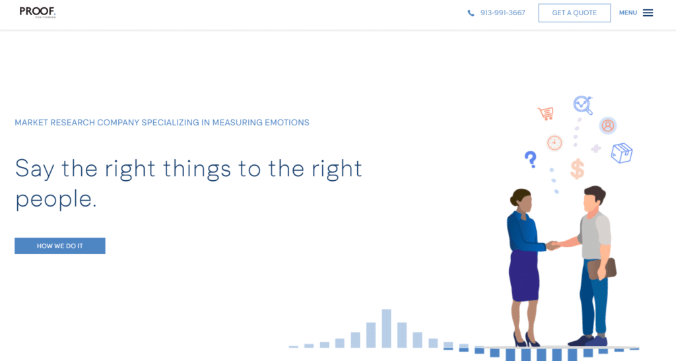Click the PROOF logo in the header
click(37, 12)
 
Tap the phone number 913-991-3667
click(502, 13)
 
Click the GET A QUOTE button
click(574, 13)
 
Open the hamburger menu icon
click(648, 13)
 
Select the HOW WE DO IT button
click(60, 246)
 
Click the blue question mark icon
click(530, 159)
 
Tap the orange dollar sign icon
click(578, 168)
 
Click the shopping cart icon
click(545, 113)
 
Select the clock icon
click(555, 143)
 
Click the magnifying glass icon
click(583, 104)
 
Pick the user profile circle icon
click(608, 125)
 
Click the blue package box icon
click(621, 154)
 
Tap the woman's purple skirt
click(524, 275)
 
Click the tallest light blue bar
click(387, 328)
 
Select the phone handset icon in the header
click(471, 13)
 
